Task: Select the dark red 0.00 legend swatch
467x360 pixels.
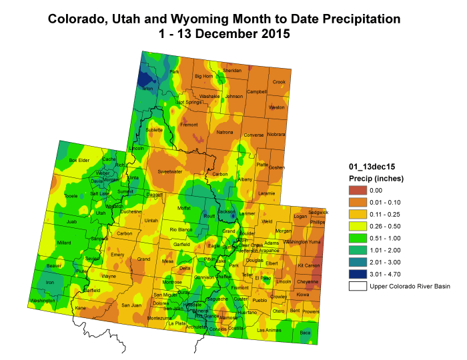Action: pos(359,190)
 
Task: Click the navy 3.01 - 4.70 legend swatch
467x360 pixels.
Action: pos(359,274)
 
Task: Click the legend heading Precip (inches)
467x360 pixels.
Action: pos(376,178)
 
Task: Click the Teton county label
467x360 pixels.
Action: pos(147,89)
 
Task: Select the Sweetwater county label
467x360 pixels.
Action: pos(169,171)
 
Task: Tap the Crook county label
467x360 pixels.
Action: pos(279,82)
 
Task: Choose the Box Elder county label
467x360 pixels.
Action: pos(79,160)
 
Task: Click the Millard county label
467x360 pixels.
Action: pos(64,243)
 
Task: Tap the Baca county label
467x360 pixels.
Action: pos(306,332)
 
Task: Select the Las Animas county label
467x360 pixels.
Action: pos(269,329)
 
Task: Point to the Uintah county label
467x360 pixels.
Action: pos(151,220)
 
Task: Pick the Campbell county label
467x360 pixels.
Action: pos(257,91)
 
